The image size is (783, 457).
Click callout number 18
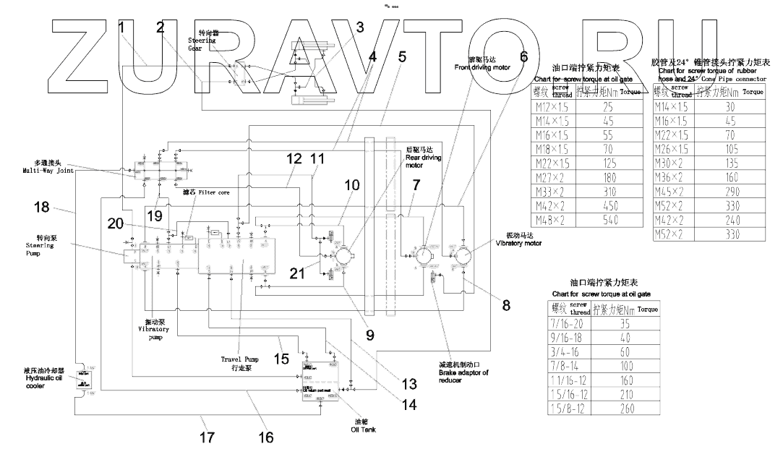tap(42, 207)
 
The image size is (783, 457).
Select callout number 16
tap(266, 437)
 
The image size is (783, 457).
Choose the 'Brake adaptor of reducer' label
tap(463, 368)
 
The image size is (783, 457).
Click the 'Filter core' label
tap(202, 193)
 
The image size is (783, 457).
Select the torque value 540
tap(610, 219)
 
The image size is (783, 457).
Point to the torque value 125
tap(610, 163)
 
